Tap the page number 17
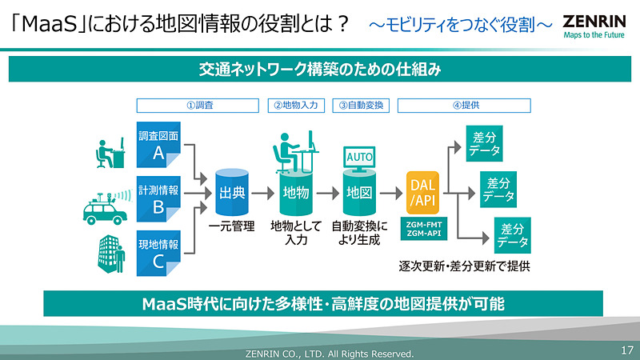(x=626, y=350)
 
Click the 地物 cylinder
(x=296, y=192)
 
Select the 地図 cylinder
(x=358, y=192)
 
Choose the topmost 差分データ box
(x=486, y=142)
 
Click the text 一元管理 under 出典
(x=231, y=226)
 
